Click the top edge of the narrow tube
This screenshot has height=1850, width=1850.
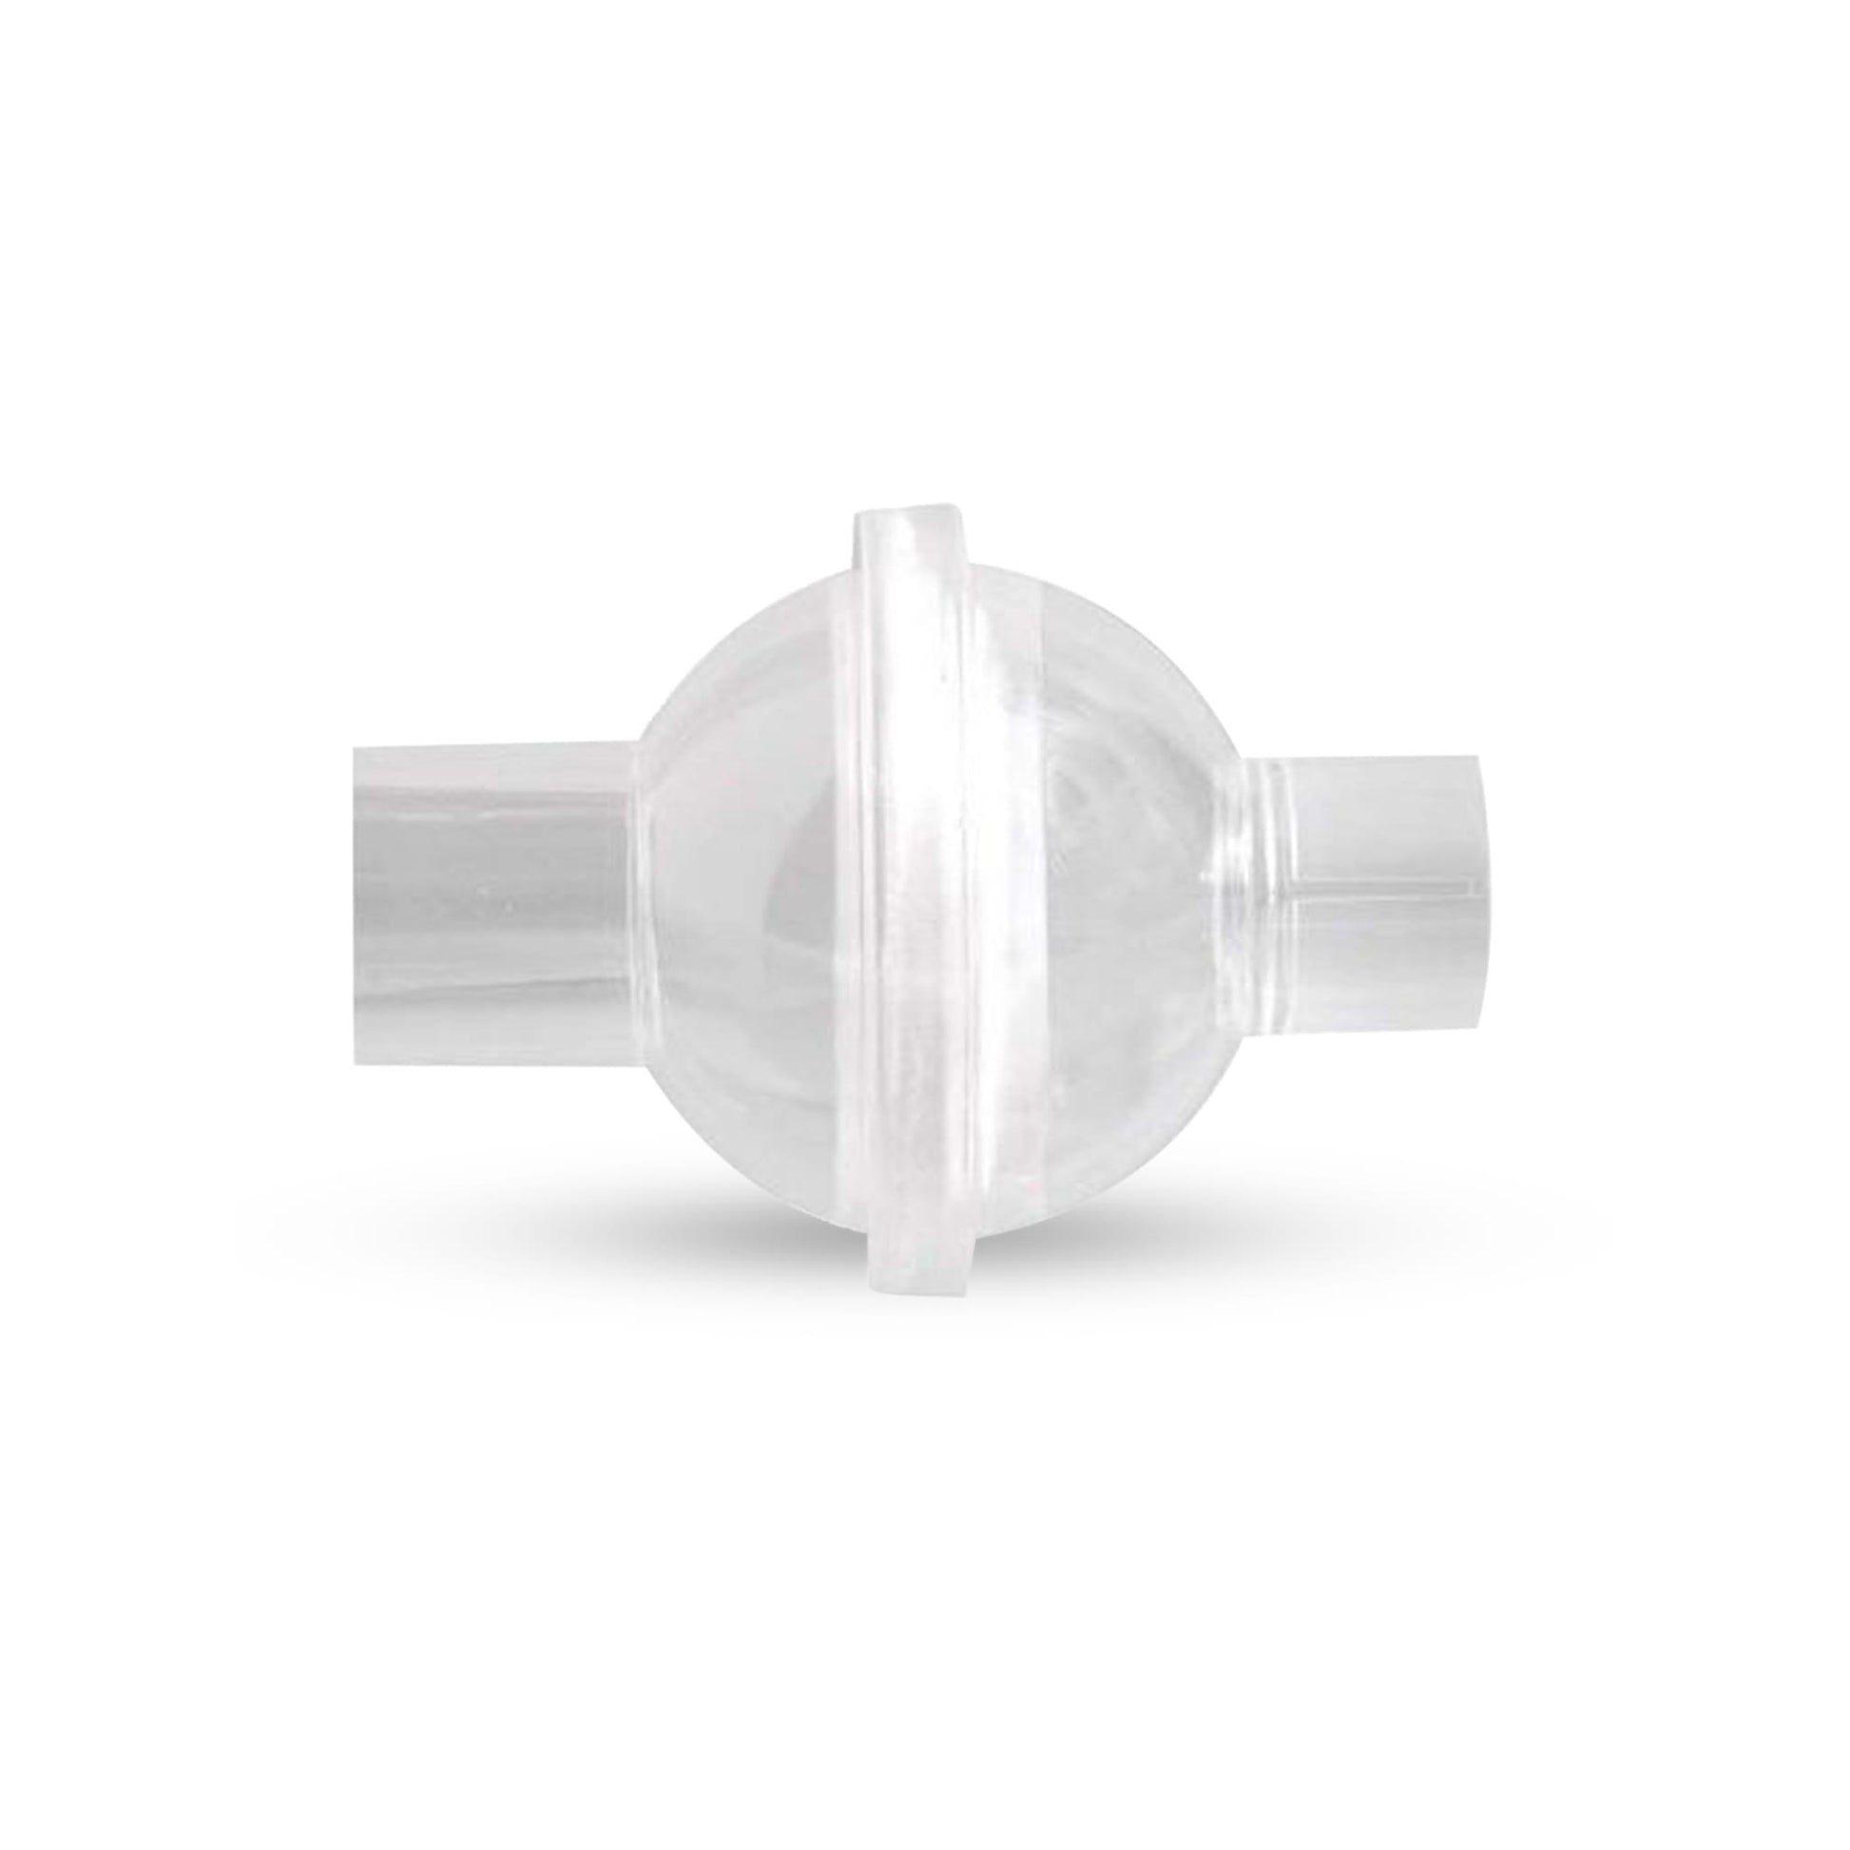click(x=1378, y=734)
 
